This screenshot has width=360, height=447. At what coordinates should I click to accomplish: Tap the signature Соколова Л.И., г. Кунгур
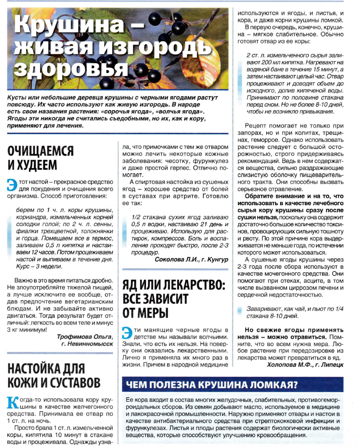191,258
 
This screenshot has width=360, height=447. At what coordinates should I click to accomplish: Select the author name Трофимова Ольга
84,336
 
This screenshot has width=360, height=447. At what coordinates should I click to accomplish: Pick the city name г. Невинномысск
87,344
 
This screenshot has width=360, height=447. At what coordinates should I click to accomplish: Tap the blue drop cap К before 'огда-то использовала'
13,402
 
